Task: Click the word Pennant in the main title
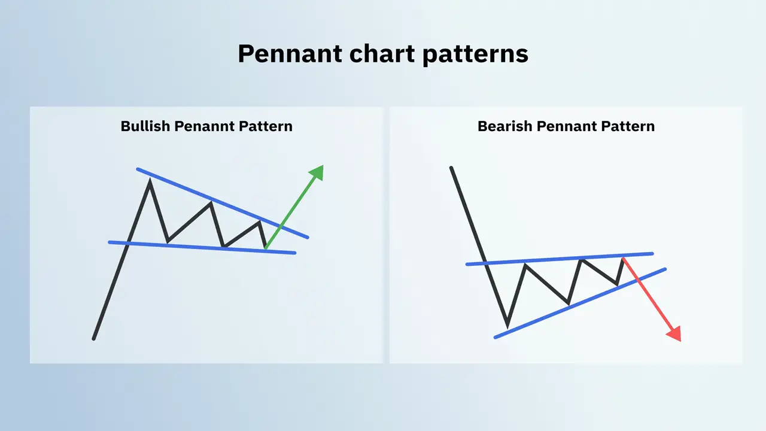pos(287,54)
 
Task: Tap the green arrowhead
pos(317,172)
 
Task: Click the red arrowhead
pos(675,334)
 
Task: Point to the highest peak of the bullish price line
pos(150,180)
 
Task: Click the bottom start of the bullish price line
pos(94,339)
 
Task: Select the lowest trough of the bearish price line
pos(507,326)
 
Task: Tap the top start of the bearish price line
pos(451,168)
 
